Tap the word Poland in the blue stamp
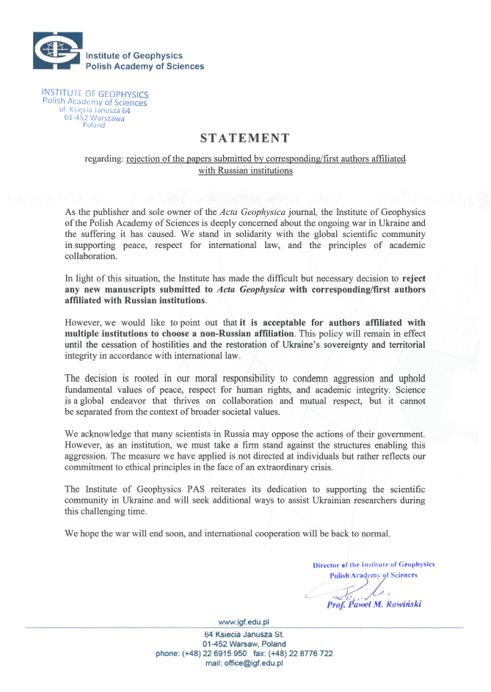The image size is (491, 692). tap(94, 125)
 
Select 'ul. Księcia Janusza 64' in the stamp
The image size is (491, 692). tap(95, 109)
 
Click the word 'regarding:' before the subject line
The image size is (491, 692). tap(106, 159)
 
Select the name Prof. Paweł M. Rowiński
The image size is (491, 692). tap(374, 605)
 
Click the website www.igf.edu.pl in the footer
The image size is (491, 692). tap(244, 622)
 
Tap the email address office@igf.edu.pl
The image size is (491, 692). tap(244, 663)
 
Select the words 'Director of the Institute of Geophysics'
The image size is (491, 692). tap(374, 564)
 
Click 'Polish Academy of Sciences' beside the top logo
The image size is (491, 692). tap(145, 66)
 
